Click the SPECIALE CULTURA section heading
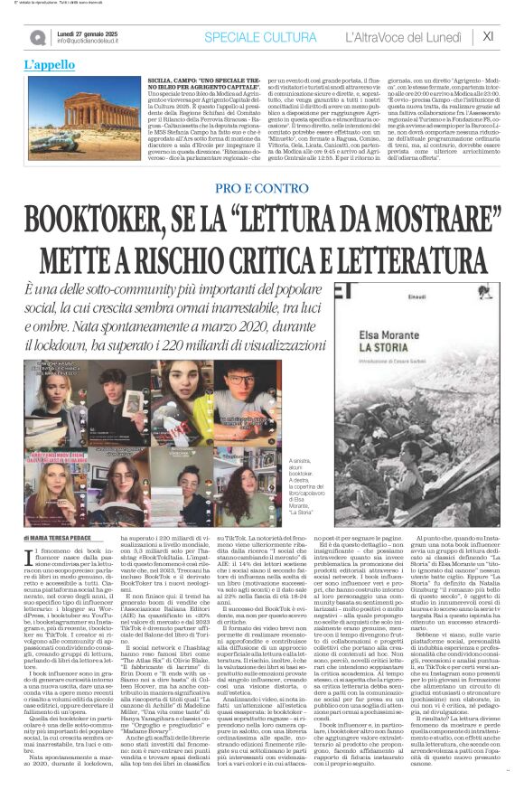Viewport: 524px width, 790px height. point(258,36)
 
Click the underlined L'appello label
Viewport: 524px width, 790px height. point(50,65)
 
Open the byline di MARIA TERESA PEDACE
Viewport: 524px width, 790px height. point(64,513)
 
